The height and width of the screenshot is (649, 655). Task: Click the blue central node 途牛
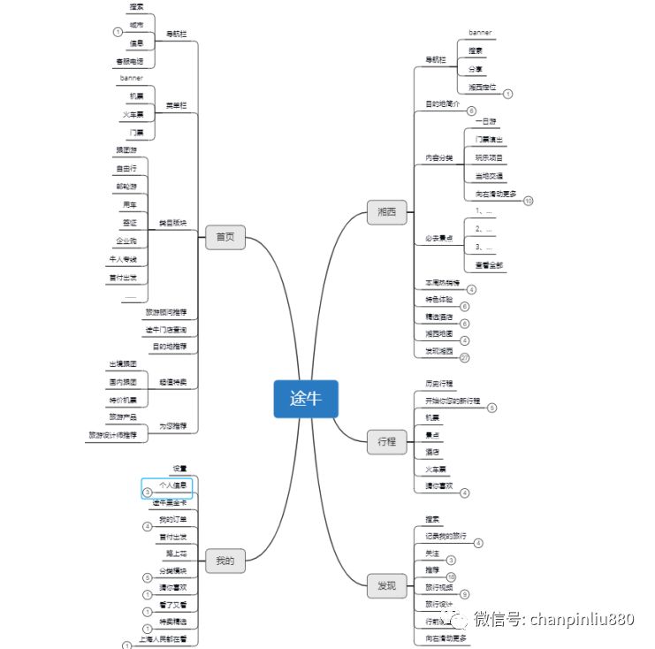(x=305, y=399)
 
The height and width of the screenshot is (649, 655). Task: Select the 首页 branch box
(x=225, y=237)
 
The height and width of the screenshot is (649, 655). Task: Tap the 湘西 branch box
(x=386, y=211)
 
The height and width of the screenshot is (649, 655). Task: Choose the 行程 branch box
(x=386, y=441)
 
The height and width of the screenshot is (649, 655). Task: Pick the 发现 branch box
(x=386, y=584)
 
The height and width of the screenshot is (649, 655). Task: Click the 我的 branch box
(x=225, y=560)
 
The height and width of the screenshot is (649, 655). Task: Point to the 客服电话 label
(x=134, y=61)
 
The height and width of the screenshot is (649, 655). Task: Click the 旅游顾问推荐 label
(x=166, y=312)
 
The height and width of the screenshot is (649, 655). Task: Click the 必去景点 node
(x=438, y=239)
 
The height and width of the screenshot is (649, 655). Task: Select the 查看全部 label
(x=490, y=265)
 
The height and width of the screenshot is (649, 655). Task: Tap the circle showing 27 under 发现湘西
(x=465, y=357)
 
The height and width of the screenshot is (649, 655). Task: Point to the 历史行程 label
(x=439, y=384)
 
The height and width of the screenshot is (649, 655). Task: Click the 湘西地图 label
(x=439, y=333)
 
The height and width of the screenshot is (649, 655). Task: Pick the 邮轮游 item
(x=126, y=186)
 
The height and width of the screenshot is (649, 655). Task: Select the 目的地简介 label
(x=443, y=104)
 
